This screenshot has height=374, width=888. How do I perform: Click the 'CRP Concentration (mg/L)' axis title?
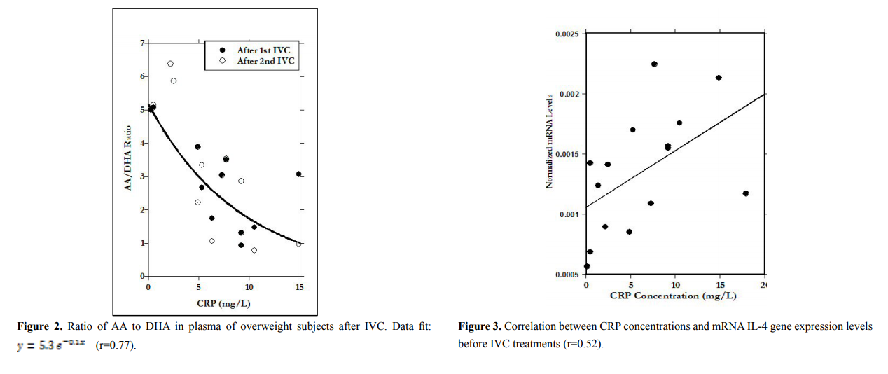[673, 296]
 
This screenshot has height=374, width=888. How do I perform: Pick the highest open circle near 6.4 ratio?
[170, 64]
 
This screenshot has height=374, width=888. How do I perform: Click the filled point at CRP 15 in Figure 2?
[298, 174]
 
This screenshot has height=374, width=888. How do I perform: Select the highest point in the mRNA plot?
[654, 64]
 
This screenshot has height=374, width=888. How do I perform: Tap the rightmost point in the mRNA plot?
[746, 193]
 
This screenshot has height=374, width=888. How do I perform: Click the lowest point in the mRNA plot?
[587, 266]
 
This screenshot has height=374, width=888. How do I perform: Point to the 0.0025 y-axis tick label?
[568, 34]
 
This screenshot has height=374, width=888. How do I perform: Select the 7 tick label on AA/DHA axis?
[142, 43]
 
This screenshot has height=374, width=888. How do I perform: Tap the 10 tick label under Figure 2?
[249, 287]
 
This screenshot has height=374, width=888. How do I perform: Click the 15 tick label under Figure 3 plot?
[719, 286]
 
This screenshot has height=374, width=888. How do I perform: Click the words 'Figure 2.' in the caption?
[37, 327]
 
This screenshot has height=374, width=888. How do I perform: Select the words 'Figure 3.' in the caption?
[479, 327]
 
